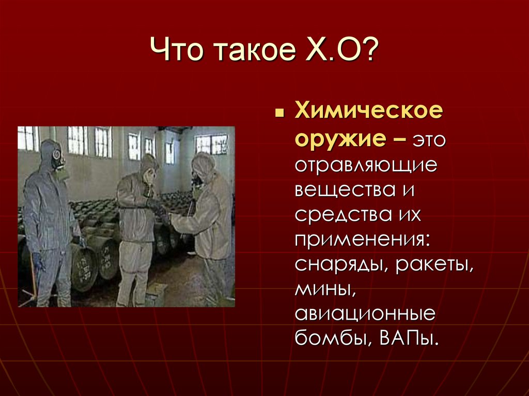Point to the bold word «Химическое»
click(368, 113)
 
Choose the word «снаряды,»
click(341, 265)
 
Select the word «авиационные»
click(365, 315)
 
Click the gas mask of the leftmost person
click(58, 156)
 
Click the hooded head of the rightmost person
click(203, 165)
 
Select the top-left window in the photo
click(28, 138)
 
